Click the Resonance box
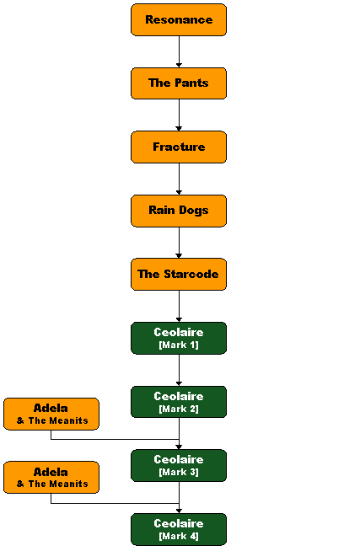point(179,19)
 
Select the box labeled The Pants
point(179,83)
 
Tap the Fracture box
point(179,147)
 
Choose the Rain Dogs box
point(179,211)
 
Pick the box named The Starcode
point(179,274)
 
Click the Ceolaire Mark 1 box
point(179,338)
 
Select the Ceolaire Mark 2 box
point(179,402)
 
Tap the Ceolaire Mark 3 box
point(179,465)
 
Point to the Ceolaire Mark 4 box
point(179,529)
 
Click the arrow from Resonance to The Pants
point(179,51)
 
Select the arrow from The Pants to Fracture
point(179,115)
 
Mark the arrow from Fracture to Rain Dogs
point(179,179)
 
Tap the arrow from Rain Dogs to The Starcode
point(179,243)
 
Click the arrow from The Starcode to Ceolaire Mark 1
point(179,307)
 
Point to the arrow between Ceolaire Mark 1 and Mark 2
point(179,370)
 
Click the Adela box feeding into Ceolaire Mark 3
point(51,414)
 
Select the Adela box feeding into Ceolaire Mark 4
point(51,477)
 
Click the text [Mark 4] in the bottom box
point(179,536)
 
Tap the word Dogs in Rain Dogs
point(194,211)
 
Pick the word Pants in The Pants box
point(191,83)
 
